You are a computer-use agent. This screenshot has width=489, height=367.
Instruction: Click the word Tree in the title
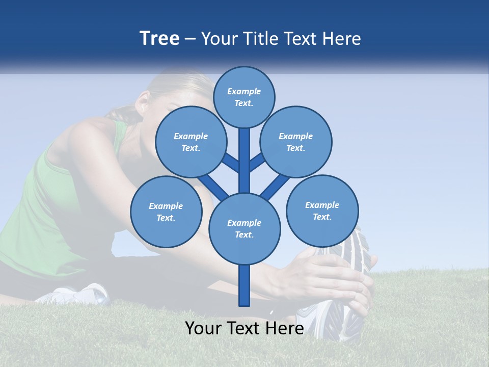click(159, 39)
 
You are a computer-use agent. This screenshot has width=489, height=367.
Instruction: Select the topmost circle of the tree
click(244, 97)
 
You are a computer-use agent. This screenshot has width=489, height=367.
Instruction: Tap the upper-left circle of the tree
click(191, 142)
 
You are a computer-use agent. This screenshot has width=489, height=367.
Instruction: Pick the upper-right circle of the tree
click(296, 142)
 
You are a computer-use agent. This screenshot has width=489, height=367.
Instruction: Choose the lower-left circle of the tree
click(166, 212)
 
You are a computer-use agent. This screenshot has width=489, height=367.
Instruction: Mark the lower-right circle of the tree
click(322, 211)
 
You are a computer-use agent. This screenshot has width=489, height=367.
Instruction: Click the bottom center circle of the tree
click(244, 228)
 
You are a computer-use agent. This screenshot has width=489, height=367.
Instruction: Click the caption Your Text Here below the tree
click(244, 328)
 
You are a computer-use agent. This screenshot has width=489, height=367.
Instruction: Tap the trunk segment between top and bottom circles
click(244, 161)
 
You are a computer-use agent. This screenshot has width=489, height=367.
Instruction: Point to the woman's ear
click(143, 99)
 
